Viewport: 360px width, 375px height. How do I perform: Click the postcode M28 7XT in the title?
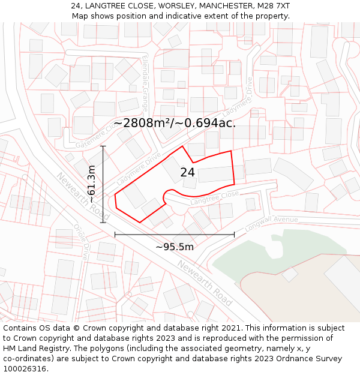click(274, 5)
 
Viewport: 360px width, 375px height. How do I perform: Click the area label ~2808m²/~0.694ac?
click(175, 123)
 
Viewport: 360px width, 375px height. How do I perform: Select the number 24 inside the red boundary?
click(187, 172)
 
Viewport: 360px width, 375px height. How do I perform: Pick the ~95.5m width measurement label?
click(175, 247)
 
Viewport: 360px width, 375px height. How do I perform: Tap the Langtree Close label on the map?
click(214, 199)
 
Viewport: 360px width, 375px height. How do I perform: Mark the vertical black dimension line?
click(103, 184)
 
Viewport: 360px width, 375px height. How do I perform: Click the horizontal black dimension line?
click(175, 235)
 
